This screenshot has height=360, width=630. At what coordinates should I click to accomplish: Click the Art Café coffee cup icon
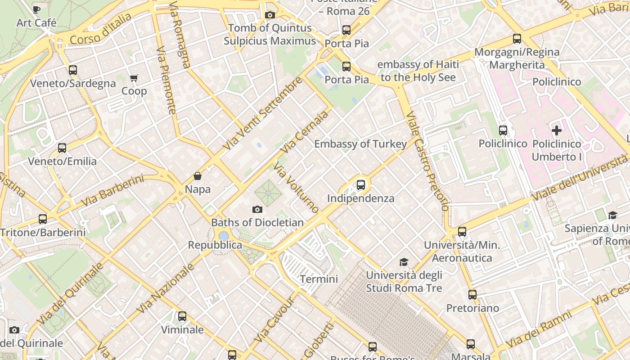click(x=36, y=9)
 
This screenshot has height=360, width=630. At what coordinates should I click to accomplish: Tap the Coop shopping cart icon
click(x=134, y=78)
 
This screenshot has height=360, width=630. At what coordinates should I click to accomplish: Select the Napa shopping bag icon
click(x=197, y=176)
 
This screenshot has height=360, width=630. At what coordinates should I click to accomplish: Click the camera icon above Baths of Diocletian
click(x=257, y=209)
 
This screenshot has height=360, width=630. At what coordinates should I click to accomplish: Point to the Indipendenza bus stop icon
click(x=360, y=184)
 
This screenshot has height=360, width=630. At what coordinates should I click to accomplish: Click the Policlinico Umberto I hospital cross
click(x=557, y=130)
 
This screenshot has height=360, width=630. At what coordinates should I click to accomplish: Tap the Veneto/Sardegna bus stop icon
click(x=73, y=70)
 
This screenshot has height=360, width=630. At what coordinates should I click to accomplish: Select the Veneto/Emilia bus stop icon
click(x=62, y=148)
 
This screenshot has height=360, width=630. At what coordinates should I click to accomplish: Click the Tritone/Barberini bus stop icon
click(x=43, y=219)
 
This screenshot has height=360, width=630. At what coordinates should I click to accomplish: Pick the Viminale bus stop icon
click(x=182, y=316)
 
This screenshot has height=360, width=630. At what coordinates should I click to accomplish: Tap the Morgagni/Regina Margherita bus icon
click(x=517, y=39)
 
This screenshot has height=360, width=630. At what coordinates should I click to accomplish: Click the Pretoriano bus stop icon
click(x=472, y=295)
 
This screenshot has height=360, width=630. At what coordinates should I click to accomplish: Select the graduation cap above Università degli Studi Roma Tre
click(x=404, y=262)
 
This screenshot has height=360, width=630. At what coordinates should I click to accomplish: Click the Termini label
click(x=319, y=279)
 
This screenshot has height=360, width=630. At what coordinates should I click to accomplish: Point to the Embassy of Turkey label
click(x=360, y=144)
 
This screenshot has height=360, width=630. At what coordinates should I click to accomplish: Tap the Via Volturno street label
click(x=296, y=188)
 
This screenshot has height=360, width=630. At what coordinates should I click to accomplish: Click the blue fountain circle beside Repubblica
click(x=224, y=236)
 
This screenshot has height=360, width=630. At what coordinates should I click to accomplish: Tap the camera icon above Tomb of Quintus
click(x=270, y=15)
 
